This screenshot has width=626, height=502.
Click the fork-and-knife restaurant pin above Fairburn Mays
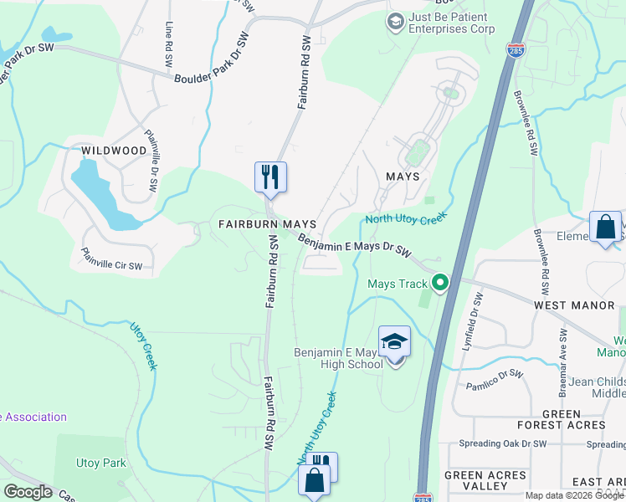click(x=270, y=177)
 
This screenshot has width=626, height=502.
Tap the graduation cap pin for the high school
click(x=395, y=341)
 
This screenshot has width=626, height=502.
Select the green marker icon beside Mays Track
click(x=440, y=284)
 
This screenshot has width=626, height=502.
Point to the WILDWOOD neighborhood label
click(x=114, y=151)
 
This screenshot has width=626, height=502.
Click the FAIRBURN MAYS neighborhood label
click(x=267, y=224)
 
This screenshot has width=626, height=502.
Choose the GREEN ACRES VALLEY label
click(x=486, y=480)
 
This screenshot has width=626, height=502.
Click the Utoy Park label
click(x=100, y=463)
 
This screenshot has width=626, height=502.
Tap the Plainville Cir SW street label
click(x=111, y=259)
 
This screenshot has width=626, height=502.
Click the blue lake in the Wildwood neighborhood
click(x=100, y=192)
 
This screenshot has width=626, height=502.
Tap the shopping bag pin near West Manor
click(x=605, y=227)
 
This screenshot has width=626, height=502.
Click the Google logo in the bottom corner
click(x=28, y=492)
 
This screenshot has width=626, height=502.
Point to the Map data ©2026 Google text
click(x=573, y=495)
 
